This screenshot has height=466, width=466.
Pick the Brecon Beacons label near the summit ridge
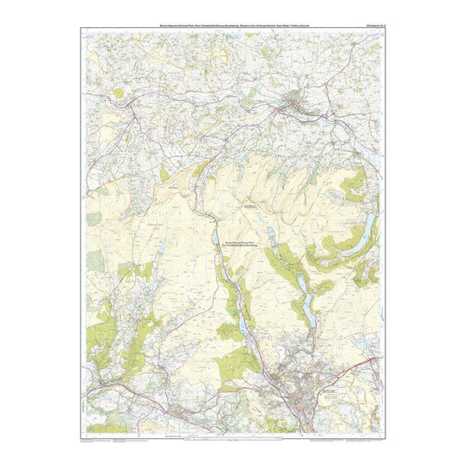pos(252,205)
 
